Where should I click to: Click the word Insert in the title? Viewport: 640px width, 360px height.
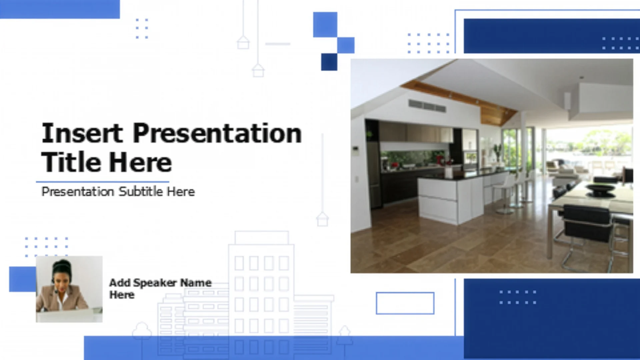(82, 133)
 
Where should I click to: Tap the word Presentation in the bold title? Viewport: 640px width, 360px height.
(217, 133)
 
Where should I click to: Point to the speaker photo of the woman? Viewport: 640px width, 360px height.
(69, 289)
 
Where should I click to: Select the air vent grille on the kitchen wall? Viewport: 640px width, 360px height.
(427, 106)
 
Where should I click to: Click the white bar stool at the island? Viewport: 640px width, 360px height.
(505, 193)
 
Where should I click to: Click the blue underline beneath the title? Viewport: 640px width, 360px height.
(103, 182)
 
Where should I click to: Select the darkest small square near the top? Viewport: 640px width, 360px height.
(329, 62)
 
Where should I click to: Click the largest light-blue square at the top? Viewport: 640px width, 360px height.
(325, 25)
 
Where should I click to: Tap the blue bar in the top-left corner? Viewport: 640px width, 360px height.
(60, 9)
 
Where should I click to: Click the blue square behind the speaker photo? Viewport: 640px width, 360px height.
(23, 279)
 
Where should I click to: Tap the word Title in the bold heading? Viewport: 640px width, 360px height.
(71, 162)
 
